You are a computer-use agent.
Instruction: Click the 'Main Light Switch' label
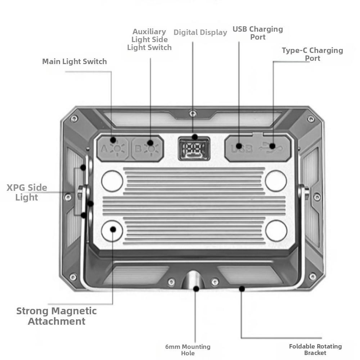(75, 62)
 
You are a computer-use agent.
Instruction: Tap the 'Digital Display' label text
(200, 32)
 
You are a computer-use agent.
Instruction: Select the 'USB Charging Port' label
(258, 33)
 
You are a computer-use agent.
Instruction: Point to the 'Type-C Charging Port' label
(312, 54)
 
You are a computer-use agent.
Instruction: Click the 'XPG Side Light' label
(27, 192)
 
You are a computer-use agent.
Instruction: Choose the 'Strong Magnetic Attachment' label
(57, 316)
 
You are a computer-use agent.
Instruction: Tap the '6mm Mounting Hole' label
(188, 350)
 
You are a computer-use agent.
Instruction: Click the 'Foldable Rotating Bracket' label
(315, 349)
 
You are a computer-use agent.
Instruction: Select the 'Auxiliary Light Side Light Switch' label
(149, 40)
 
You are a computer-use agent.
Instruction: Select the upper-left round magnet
(112, 181)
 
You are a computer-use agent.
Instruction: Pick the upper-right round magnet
(276, 181)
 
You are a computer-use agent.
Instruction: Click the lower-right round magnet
(276, 230)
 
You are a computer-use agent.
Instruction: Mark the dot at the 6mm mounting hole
(196, 288)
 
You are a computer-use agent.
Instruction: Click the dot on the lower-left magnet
(113, 229)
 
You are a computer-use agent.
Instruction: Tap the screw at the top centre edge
(193, 114)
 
